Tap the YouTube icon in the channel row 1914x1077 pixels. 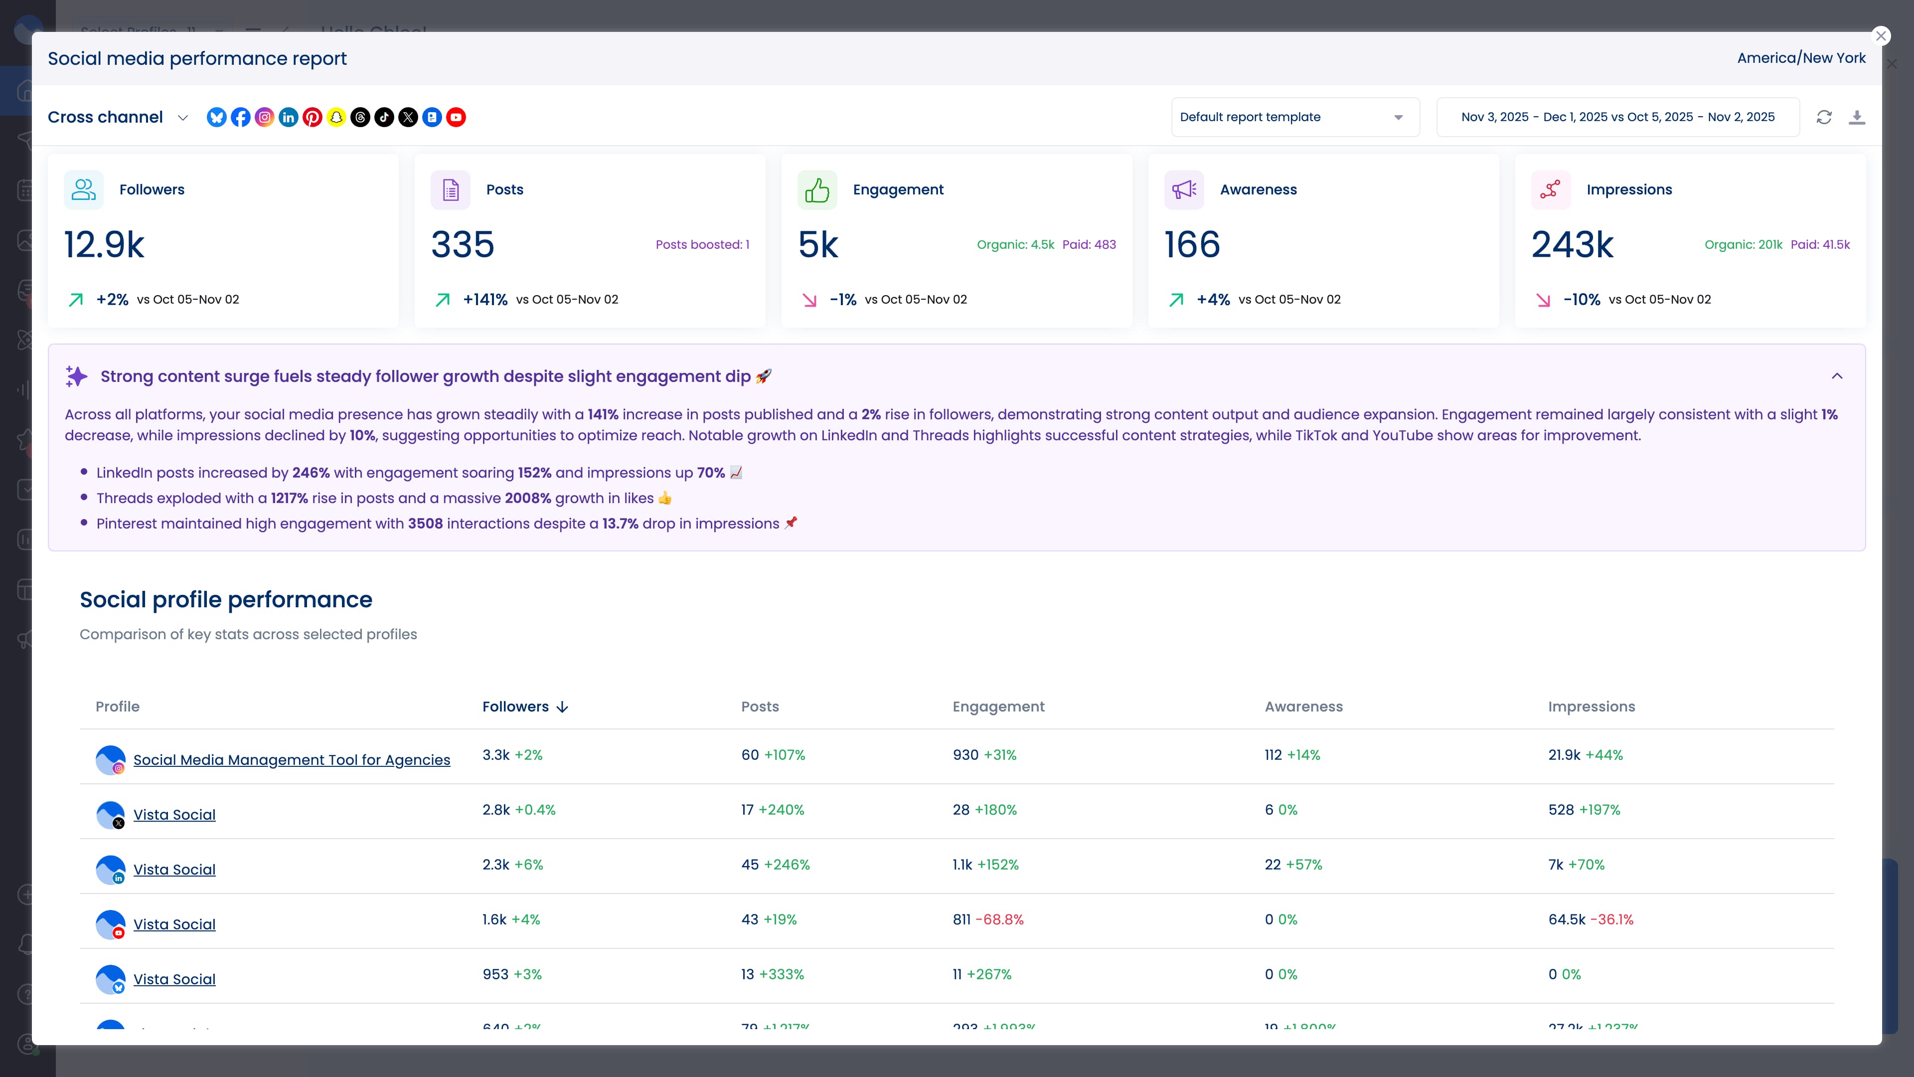(456, 118)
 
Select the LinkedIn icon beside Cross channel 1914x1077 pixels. (288, 118)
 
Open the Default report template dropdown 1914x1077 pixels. (1294, 118)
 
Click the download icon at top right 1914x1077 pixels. (1857, 118)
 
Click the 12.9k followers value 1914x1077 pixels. (104, 244)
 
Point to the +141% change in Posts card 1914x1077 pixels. (485, 300)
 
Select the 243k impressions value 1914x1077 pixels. (1572, 244)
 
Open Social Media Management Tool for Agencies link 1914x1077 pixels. (291, 759)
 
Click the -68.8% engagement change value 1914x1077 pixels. (999, 919)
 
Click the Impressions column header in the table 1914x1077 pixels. (1592, 707)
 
